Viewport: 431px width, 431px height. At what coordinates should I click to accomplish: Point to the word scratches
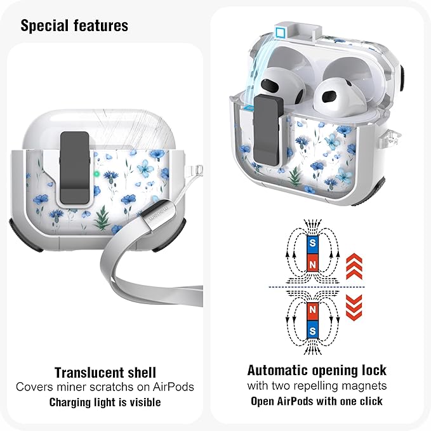[x=126, y=387]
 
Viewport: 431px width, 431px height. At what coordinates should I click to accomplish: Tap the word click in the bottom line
[x=371, y=401]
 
